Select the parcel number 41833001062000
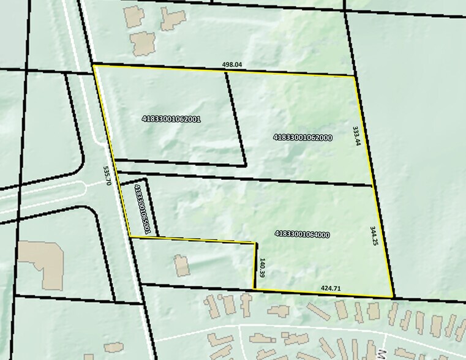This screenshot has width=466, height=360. point(303,138)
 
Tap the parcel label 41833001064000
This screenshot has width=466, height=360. point(303,234)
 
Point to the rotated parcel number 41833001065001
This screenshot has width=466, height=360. point(142,209)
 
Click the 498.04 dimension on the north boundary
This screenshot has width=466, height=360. point(233,64)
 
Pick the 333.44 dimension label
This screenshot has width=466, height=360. point(356,136)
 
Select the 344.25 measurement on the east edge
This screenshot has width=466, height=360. point(374,236)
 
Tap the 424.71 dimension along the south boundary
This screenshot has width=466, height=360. point(331,288)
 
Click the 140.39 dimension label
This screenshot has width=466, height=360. point(262,268)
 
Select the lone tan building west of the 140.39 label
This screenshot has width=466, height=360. point(182,266)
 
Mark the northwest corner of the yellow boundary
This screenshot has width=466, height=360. point(93,65)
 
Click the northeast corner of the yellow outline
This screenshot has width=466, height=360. point(355,77)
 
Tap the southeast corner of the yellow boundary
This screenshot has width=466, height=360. point(393,298)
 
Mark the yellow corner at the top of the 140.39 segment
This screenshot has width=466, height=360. point(255,244)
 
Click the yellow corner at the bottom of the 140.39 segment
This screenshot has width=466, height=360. point(254,288)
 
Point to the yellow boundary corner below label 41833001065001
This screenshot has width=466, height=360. point(130,236)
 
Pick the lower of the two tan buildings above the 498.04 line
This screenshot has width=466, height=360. point(143,42)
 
